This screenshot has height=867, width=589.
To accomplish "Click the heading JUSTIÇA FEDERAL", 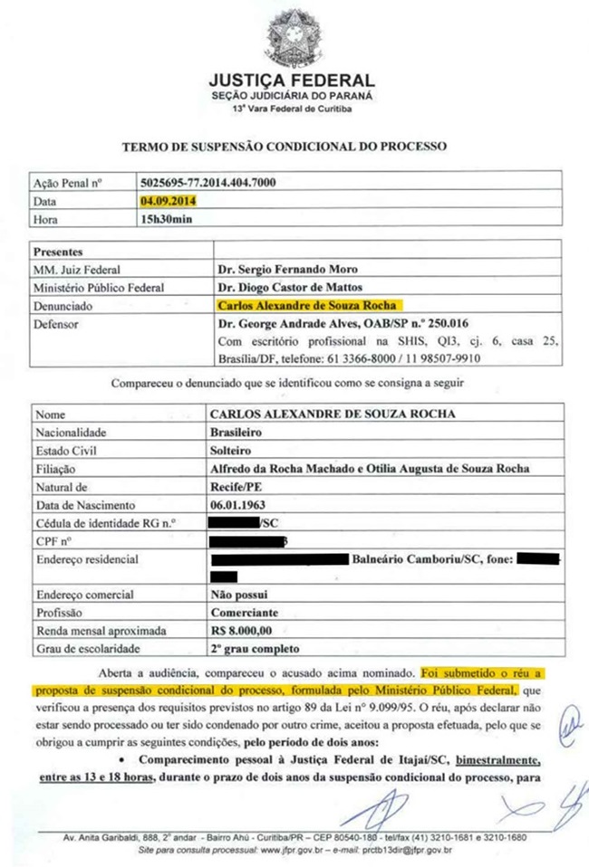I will click(x=291, y=80).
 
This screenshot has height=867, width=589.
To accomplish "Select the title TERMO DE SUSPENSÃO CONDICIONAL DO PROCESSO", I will click(x=285, y=145).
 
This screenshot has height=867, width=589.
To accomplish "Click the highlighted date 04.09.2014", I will click(x=169, y=201).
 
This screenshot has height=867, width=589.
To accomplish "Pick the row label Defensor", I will click(x=57, y=323).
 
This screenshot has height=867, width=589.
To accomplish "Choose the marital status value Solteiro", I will click(x=233, y=451).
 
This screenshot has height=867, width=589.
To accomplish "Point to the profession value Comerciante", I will click(x=244, y=612).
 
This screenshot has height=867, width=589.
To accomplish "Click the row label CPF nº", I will click(x=53, y=541).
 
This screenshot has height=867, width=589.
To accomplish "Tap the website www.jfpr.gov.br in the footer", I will click(x=272, y=851).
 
